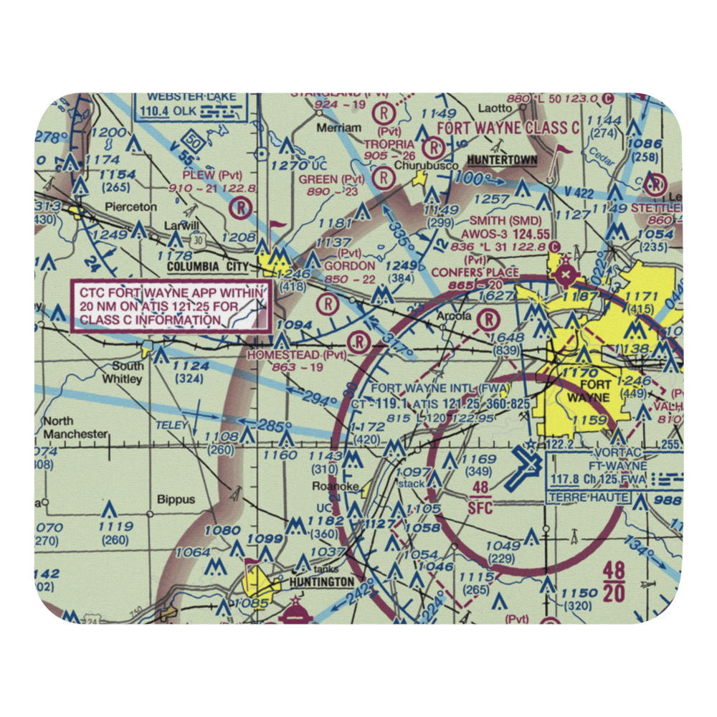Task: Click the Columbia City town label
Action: tap(207, 267)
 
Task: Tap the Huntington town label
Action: tap(322, 582)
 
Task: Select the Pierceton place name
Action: tap(131, 206)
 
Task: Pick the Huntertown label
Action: tap(502, 159)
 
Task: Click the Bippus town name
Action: tap(176, 500)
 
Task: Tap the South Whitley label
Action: tap(123, 371)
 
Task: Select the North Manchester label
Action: tap(75, 427)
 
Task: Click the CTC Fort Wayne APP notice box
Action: tap(172, 306)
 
